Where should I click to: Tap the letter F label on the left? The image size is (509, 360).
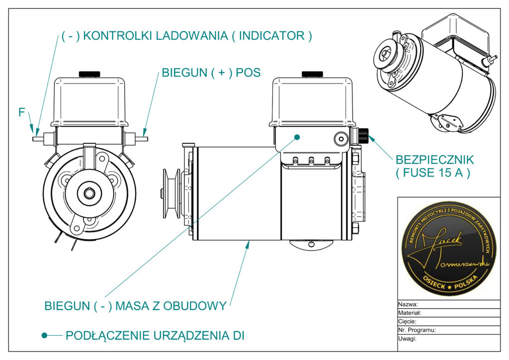(22, 112)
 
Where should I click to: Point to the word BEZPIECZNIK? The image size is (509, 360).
(434, 160)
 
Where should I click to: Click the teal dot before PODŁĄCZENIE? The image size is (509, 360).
(45, 336)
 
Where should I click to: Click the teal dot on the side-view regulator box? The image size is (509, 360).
(297, 136)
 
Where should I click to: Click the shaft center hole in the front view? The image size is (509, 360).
(89, 192)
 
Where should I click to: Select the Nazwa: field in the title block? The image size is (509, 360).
(408, 304)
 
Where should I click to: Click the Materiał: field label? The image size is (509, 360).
(410, 313)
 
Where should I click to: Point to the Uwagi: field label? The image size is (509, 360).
(407, 339)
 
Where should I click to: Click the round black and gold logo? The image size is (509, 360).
(449, 248)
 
